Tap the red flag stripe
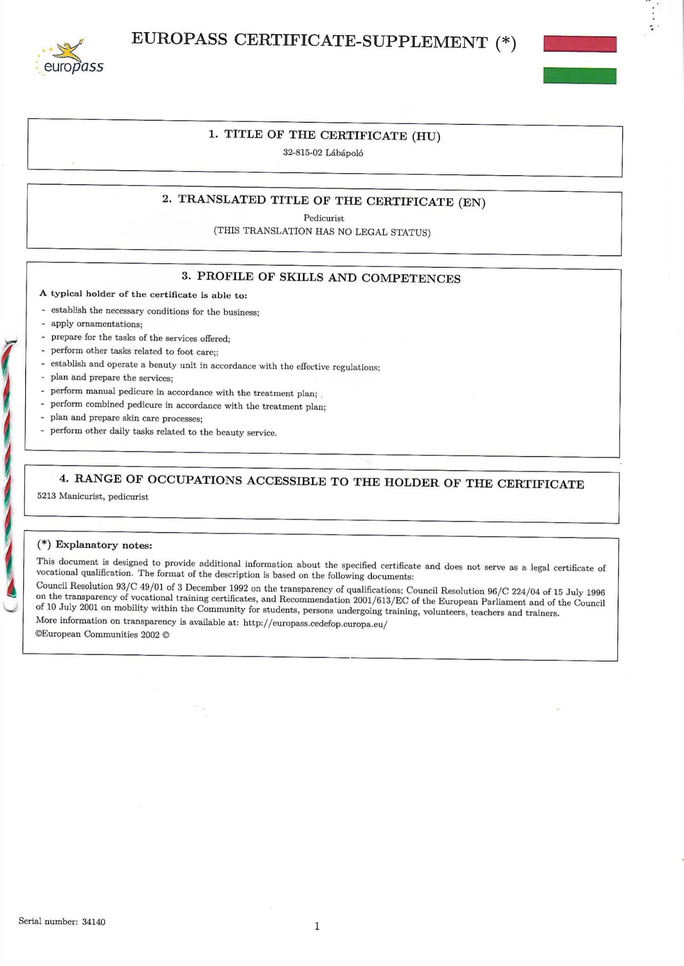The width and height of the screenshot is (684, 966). [580, 44]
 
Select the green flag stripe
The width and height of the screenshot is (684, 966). [580, 76]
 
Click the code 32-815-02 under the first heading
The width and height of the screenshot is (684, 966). [302, 153]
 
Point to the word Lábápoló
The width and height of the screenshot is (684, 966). [344, 153]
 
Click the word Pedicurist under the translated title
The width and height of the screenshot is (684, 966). [324, 218]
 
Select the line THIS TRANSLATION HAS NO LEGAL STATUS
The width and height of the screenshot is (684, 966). [322, 232]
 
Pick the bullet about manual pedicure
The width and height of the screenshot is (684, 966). [184, 392]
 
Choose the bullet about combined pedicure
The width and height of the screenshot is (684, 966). [188, 406]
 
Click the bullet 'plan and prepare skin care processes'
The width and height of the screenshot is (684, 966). [126, 418]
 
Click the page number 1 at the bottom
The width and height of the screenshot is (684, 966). [317, 926]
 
